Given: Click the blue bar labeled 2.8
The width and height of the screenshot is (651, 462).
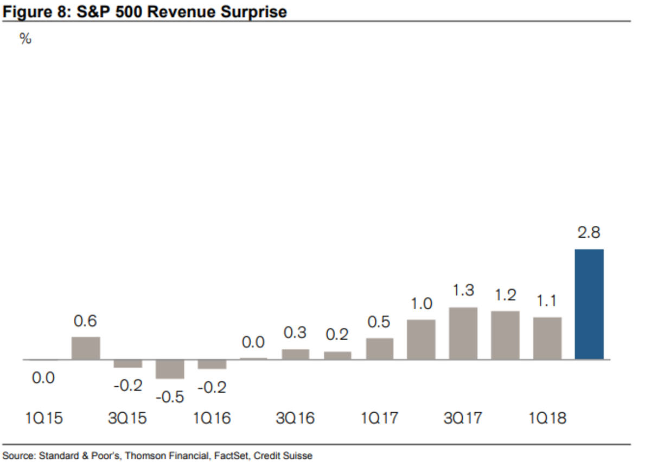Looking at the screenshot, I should (x=589, y=304).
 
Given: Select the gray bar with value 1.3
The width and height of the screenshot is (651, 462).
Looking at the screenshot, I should (x=463, y=333).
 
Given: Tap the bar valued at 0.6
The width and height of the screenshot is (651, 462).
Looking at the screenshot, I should (x=86, y=348).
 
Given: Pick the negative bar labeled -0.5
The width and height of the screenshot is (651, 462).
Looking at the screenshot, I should (x=170, y=369).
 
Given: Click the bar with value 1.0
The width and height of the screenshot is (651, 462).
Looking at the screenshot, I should (x=421, y=340).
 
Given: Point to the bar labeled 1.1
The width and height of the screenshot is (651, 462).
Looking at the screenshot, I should (x=547, y=339).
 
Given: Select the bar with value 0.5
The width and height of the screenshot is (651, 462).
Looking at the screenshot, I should (x=379, y=349).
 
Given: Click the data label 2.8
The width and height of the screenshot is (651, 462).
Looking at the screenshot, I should (x=589, y=233).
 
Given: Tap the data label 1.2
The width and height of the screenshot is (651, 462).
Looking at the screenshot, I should (x=505, y=295).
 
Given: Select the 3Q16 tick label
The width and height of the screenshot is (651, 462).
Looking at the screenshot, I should (x=296, y=419).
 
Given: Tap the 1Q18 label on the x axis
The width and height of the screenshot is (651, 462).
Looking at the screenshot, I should (x=547, y=419).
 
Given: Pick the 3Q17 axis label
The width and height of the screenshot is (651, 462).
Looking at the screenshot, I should (x=463, y=419).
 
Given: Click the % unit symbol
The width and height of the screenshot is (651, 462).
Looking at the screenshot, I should (x=25, y=39).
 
